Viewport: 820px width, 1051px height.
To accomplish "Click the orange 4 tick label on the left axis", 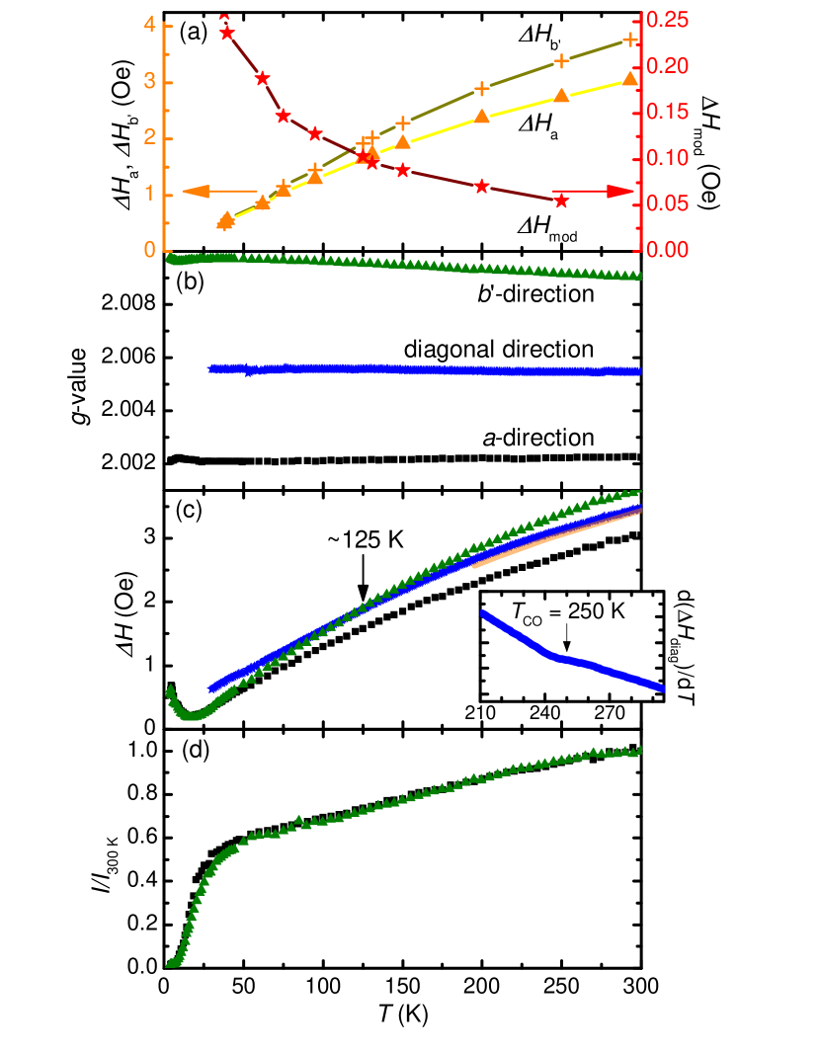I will click(x=150, y=25).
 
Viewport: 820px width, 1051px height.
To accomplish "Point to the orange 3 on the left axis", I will click(x=150, y=81).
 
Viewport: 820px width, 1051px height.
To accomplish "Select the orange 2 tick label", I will click(x=150, y=137).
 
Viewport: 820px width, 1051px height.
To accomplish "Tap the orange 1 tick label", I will click(x=150, y=194).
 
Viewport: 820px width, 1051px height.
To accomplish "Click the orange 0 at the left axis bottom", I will click(x=150, y=250).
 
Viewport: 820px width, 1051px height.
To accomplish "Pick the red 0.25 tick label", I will click(x=668, y=20).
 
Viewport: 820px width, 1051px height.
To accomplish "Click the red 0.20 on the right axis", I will click(x=668, y=66).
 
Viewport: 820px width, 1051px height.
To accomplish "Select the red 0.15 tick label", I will click(x=668, y=112).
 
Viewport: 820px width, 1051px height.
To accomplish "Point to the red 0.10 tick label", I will click(x=668, y=158).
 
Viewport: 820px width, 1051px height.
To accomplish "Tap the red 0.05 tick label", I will click(x=668, y=204).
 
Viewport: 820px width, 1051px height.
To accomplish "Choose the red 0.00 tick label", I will click(x=668, y=250).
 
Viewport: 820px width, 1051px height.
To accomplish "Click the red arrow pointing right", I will click(x=593, y=192).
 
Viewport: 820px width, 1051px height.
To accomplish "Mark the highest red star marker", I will click(x=227, y=33).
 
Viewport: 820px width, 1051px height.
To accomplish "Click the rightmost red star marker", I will click(x=561, y=201).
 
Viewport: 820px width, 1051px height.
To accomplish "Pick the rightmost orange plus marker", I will click(x=630, y=40).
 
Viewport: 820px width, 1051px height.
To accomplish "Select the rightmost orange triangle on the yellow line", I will click(x=630, y=79).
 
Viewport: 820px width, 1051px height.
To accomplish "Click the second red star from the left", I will click(x=262, y=78).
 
